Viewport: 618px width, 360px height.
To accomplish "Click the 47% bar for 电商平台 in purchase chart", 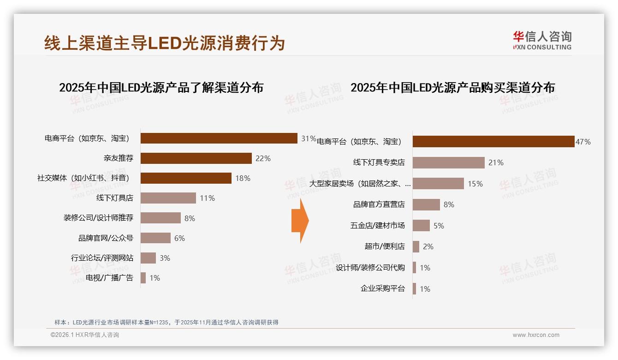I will tap(493, 142).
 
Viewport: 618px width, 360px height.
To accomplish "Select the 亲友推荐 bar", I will tap(196, 158).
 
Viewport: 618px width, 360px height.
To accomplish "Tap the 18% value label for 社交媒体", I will tap(243, 178).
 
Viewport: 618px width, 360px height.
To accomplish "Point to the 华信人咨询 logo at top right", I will tap(542, 40).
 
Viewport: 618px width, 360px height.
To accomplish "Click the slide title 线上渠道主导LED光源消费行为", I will tap(165, 43).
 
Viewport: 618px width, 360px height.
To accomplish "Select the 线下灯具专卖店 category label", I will tap(379, 162).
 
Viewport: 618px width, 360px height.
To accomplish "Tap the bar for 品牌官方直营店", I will tap(426, 204).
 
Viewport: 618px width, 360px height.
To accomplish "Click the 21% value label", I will tap(496, 162).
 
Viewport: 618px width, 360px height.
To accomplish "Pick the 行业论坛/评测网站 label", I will tap(102, 258).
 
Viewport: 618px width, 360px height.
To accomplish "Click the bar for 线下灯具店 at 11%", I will tap(168, 198).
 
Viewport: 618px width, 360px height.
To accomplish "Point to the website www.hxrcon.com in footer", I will tap(536, 335).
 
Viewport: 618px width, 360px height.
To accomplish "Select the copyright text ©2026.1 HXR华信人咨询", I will tap(84, 335).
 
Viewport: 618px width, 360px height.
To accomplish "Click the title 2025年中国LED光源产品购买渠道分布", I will tap(452, 87).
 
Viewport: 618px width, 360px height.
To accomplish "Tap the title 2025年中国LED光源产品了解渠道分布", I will tap(161, 87).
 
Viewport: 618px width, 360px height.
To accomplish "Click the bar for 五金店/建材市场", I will tap(421, 226).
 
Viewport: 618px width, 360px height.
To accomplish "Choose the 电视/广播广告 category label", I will tap(109, 278).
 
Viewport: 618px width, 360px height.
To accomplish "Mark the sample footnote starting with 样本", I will tap(166, 322).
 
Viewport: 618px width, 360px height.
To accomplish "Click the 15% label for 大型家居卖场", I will tap(475, 184).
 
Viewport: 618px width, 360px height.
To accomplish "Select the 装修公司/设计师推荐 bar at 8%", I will tap(160, 218).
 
